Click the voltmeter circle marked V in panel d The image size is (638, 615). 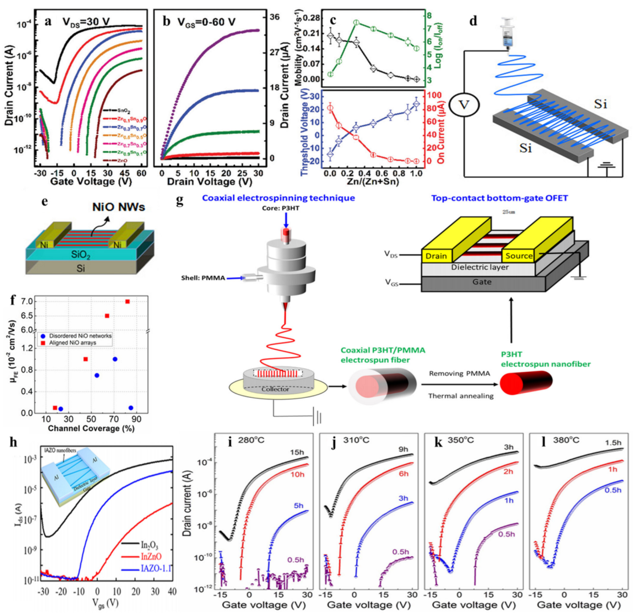click(x=464, y=105)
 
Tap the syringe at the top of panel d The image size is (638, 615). click(x=507, y=34)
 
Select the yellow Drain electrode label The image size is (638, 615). click(x=436, y=256)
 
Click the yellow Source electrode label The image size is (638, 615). click(x=519, y=256)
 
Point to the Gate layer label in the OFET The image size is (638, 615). click(x=482, y=282)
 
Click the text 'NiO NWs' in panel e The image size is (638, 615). click(x=118, y=207)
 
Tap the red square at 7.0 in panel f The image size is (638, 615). click(x=127, y=301)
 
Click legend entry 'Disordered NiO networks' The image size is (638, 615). click(x=80, y=336)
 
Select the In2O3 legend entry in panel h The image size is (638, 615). click(x=149, y=545)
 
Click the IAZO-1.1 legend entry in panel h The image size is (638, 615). click(x=156, y=569)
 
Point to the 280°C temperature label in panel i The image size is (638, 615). click(x=251, y=440)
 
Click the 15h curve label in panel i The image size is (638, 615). click(x=297, y=452)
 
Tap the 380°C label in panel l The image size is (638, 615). click(x=566, y=440)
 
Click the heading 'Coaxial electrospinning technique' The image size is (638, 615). click(x=278, y=198)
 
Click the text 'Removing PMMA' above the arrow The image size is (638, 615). click(x=460, y=374)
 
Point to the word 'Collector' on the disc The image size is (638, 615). click(x=275, y=389)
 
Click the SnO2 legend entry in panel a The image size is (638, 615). click(x=123, y=111)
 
